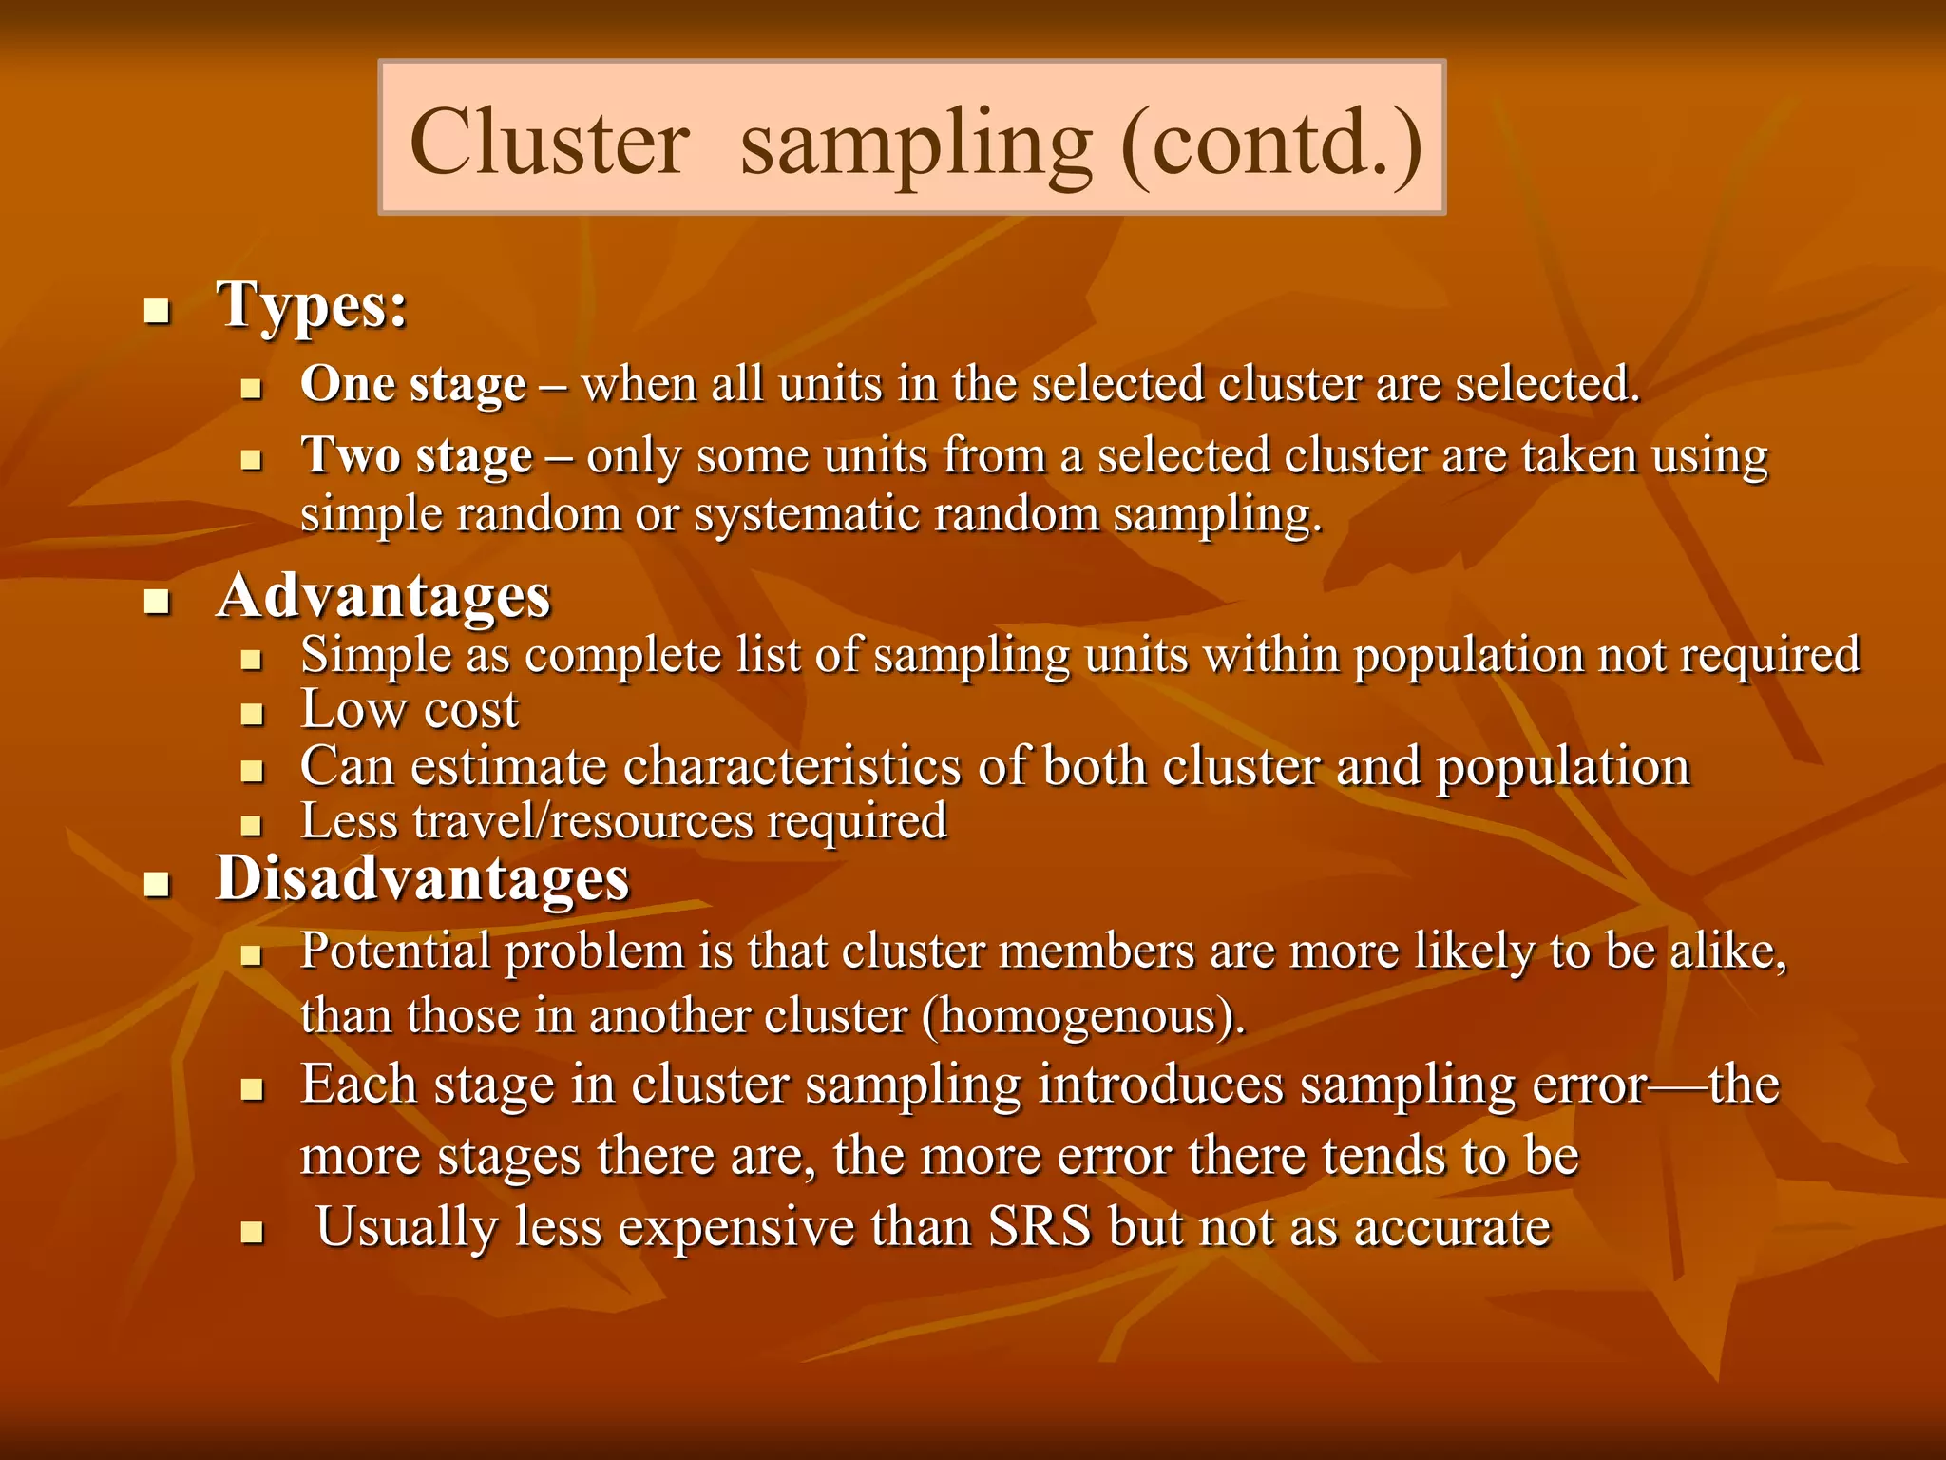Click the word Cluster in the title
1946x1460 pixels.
549,143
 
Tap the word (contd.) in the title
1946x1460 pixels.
1271,143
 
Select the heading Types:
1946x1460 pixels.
313,305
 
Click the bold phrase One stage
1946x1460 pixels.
413,385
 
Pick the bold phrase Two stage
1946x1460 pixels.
416,456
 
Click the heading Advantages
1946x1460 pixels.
384,597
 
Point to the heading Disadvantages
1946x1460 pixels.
423,877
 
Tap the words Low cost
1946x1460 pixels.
410,710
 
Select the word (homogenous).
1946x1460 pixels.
1083,1016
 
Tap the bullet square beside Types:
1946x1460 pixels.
157,311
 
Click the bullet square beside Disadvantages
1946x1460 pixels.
157,884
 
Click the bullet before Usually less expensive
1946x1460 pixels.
251,1233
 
